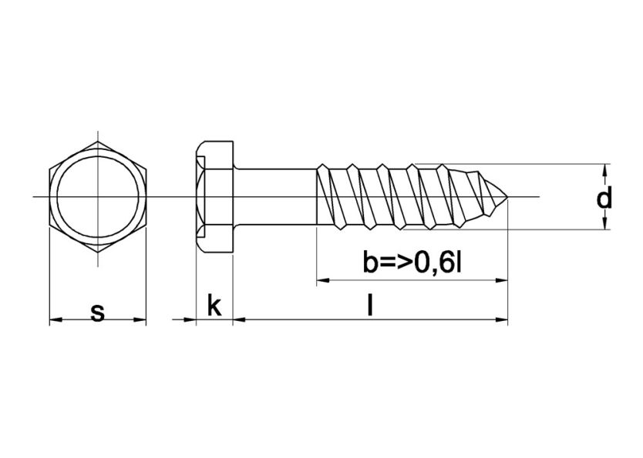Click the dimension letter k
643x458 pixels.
[214, 306]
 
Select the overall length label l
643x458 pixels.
[370, 306]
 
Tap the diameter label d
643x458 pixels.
[605, 199]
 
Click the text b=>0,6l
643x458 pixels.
[412, 264]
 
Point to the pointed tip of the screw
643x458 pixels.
[507, 198]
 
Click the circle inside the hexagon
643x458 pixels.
[98, 198]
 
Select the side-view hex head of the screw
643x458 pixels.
[214, 198]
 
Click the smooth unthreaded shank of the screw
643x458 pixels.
[274, 198]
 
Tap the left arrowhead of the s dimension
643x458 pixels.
[55, 319]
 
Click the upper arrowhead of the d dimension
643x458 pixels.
[606, 169]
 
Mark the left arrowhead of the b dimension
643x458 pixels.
[322, 280]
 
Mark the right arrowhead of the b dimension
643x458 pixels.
[502, 280]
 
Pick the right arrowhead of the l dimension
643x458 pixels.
[502, 319]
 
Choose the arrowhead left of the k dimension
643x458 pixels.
[190, 319]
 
